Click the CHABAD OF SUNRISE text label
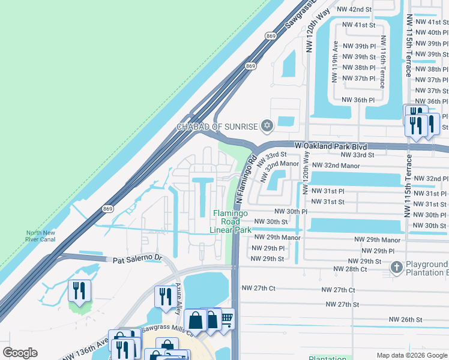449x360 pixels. click(216, 127)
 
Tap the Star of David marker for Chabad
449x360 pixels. click(267, 126)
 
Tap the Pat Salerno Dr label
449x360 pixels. click(137, 259)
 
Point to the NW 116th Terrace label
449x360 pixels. click(382, 67)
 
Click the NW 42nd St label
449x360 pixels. click(354, 10)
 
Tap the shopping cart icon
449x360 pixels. click(226, 319)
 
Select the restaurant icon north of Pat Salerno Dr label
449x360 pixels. click(79, 292)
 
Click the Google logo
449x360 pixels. click(20, 352)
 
